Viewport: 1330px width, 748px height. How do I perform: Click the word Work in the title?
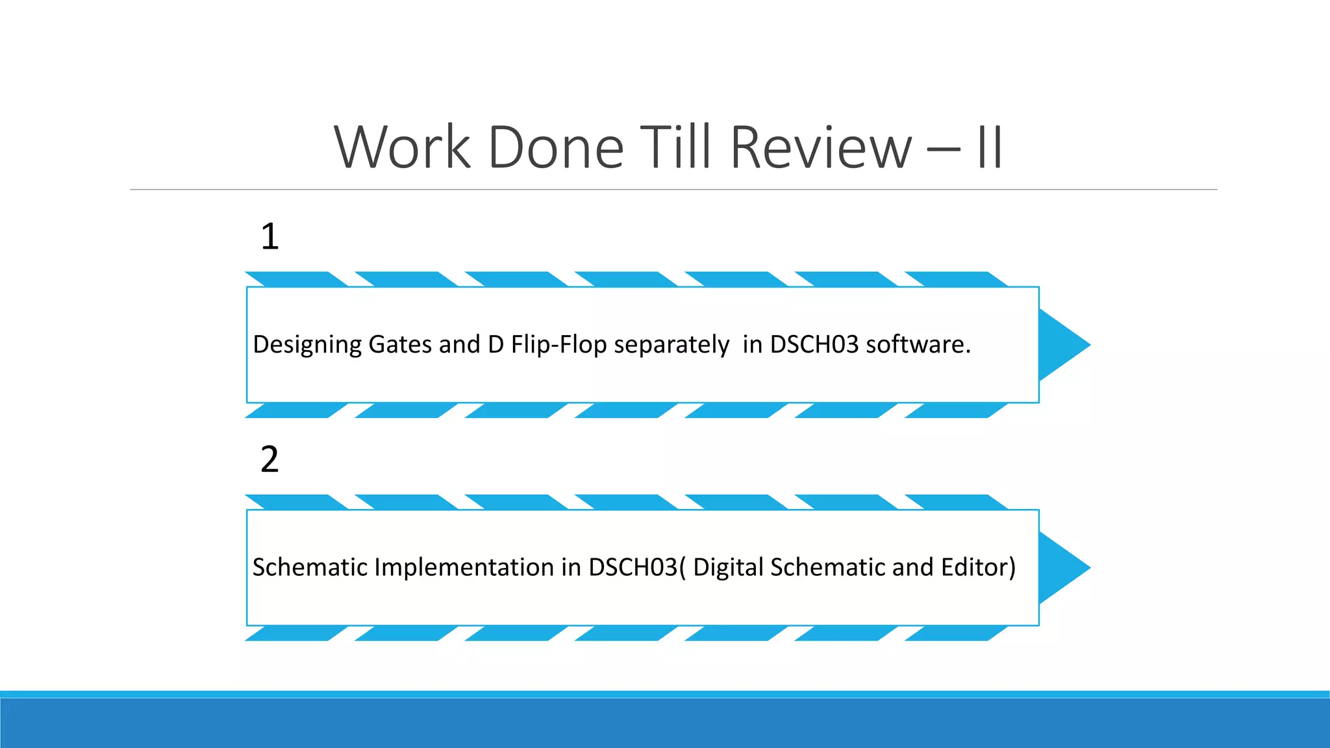[402, 147]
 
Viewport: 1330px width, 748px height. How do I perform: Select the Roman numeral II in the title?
[990, 147]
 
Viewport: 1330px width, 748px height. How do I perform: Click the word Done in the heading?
[556, 147]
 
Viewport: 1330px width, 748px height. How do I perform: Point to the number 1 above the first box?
[270, 236]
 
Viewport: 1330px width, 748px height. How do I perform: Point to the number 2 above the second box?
[270, 460]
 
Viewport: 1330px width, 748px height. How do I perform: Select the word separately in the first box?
[671, 345]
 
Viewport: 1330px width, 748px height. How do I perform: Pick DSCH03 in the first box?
[814, 345]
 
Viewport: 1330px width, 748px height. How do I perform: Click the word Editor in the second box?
[977, 567]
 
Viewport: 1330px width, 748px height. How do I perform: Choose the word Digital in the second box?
[728, 567]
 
